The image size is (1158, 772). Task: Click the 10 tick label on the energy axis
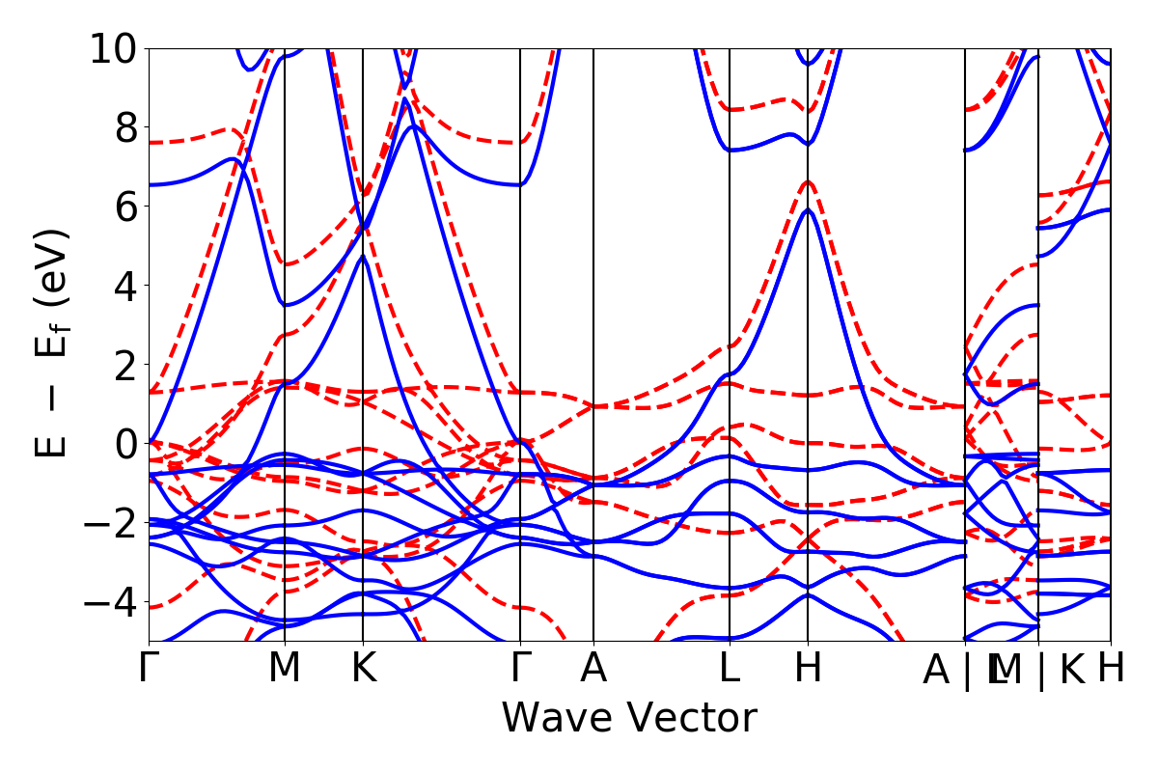click(114, 48)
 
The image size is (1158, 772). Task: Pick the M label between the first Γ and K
click(285, 669)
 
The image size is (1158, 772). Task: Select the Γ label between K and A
click(520, 669)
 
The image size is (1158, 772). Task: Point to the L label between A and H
click(730, 669)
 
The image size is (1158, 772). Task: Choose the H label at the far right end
click(1111, 669)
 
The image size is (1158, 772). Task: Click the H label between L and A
click(808, 669)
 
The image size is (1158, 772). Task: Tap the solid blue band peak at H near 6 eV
click(808, 209)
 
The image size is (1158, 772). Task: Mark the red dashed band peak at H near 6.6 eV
click(808, 181)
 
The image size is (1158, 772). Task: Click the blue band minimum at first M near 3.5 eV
click(285, 305)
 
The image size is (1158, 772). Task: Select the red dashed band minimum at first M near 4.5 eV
click(285, 264)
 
